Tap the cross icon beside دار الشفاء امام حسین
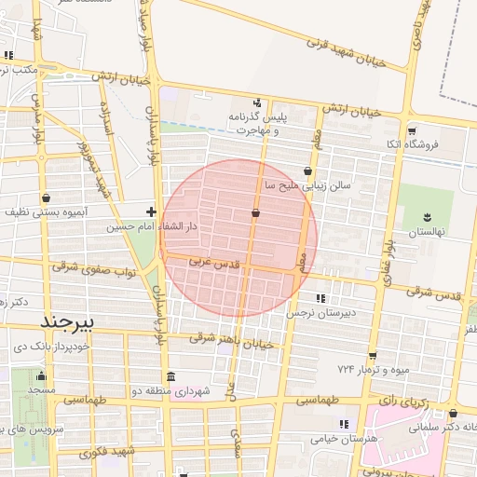click(152, 211)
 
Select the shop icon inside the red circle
click(255, 213)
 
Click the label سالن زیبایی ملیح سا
click(307, 185)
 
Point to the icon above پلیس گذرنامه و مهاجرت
click(257, 102)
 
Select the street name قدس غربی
click(213, 263)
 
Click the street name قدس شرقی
click(432, 294)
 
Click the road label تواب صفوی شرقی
click(94, 269)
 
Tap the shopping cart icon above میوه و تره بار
click(373, 355)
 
